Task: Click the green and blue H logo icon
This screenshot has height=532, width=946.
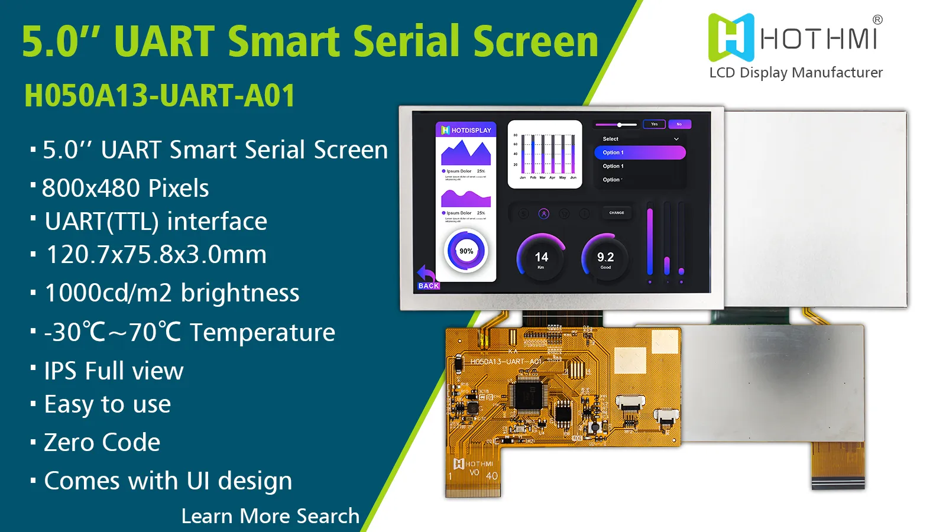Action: pos(731,38)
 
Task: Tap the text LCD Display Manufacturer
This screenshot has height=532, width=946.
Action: pos(795,73)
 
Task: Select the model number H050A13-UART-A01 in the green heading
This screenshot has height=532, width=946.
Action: pos(160,96)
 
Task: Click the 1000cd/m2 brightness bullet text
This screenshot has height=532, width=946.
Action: pos(172,293)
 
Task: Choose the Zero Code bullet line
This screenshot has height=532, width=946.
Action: pos(102,442)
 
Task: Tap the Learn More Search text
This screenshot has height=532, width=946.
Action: pos(270,516)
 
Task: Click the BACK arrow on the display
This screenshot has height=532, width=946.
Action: pos(427,277)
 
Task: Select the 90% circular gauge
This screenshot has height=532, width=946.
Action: pos(466,251)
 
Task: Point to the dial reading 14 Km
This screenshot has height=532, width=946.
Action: pos(541,259)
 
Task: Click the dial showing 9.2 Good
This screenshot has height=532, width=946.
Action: pos(605,259)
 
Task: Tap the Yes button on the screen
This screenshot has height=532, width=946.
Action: pos(655,124)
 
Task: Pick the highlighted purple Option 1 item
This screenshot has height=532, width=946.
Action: pos(640,153)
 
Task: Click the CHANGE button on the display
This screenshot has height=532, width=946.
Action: pos(617,213)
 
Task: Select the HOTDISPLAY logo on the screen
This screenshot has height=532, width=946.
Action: pos(466,130)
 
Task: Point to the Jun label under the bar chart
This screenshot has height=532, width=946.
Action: pos(573,177)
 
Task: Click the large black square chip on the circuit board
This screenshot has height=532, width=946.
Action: pos(528,395)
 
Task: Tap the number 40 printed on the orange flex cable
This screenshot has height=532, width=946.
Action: pos(491,476)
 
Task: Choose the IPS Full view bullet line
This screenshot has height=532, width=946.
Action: pos(114,371)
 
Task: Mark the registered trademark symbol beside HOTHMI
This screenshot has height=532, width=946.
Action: pos(877,20)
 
